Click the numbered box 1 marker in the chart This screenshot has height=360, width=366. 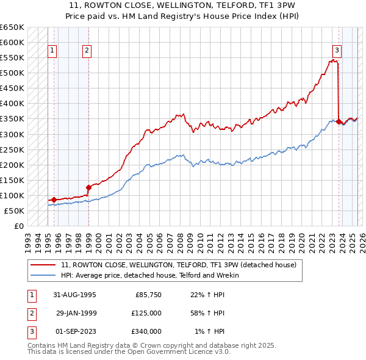[52, 51]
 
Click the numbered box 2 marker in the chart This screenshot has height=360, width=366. [87, 51]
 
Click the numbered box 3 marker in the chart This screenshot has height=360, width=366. [337, 51]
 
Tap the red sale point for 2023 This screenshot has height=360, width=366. [339, 121]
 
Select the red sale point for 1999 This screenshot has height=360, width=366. [88, 187]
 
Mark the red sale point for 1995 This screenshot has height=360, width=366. [54, 200]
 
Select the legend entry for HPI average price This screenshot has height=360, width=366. [150, 275]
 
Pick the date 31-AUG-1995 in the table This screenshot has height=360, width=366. [76, 295]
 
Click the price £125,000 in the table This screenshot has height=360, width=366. [146, 313]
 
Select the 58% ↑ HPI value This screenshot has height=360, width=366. [207, 313]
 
